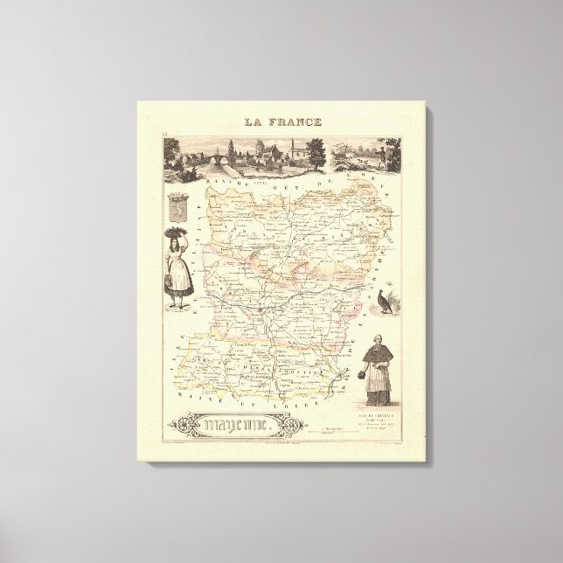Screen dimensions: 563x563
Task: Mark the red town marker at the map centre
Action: [260, 308]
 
